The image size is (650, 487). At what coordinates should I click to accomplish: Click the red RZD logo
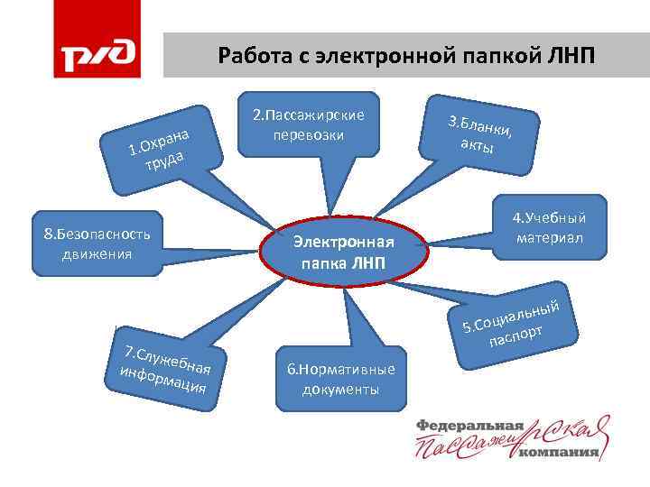(97, 56)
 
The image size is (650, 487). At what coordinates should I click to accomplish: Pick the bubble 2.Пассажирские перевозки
(309, 124)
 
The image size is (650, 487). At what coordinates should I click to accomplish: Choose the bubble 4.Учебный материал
(549, 228)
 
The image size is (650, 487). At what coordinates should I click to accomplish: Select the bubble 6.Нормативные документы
(340, 380)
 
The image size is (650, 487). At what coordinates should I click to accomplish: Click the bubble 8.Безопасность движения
(97, 243)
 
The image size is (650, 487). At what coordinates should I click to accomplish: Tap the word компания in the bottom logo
(561, 453)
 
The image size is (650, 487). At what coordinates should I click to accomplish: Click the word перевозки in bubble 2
(309, 133)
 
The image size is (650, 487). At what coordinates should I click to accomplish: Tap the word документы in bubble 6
(340, 390)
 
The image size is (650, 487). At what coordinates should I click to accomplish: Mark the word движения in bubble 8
(97, 253)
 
